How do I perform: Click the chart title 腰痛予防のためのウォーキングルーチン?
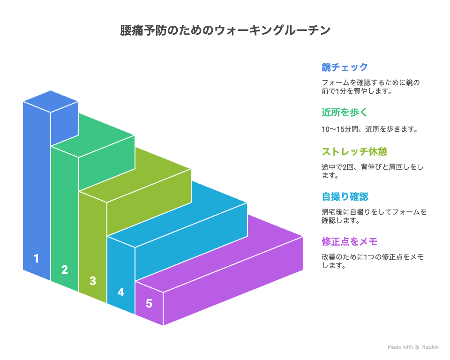tap(225, 30)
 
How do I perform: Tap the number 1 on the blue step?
tap(36, 258)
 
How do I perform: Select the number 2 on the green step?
tap(65, 270)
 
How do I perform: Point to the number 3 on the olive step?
tap(92, 281)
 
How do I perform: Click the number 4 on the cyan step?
tap(121, 292)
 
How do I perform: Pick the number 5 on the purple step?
tap(149, 303)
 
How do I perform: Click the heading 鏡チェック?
tap(345, 67)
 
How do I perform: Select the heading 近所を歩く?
tap(345, 112)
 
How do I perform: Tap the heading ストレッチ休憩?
tap(354, 151)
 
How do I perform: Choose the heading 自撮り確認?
tap(345, 197)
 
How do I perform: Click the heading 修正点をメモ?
tap(350, 242)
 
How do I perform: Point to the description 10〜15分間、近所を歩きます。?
tap(370, 129)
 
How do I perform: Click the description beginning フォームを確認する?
tap(370, 87)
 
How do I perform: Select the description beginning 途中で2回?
tap(372, 171)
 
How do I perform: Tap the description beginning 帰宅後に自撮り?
tap(374, 216)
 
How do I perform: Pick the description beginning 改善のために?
tap(373, 261)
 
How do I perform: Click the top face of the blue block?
tap(51, 102)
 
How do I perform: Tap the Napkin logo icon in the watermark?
tap(417, 347)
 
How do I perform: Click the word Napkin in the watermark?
tap(430, 347)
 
